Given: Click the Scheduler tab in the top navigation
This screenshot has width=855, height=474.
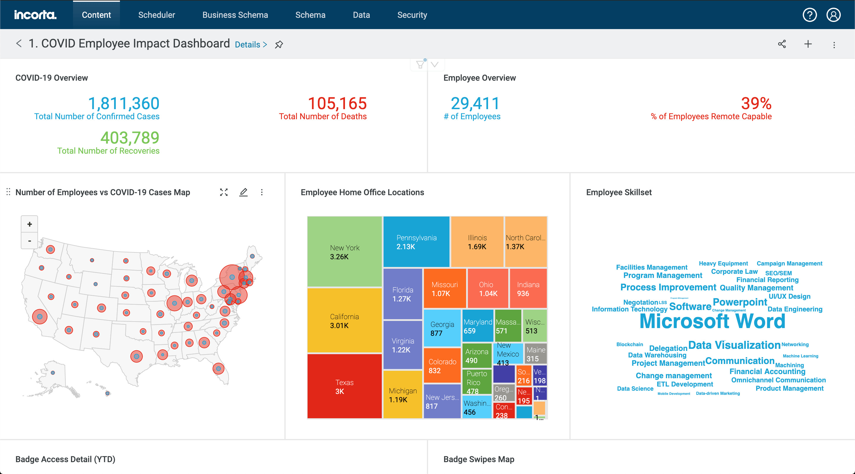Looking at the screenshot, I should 156,15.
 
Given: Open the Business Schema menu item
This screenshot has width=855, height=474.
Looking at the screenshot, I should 235,15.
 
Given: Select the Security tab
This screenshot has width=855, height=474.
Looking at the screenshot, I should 412,15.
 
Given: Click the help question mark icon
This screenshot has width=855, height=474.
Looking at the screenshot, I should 809,15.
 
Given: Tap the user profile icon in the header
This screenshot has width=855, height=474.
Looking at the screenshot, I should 833,15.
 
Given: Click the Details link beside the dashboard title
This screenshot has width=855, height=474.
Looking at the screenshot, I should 251,44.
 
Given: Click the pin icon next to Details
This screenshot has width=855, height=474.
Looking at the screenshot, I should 279,44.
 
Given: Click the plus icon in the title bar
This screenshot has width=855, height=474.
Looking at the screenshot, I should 808,44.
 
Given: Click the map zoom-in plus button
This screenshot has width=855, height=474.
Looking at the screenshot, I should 30,224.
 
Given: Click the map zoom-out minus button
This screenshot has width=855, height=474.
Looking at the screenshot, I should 30,241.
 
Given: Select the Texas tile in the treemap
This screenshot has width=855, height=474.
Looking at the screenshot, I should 344,386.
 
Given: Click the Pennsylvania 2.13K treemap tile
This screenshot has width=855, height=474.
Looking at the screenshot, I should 416,242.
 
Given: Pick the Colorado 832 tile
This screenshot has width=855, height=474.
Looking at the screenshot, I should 442,365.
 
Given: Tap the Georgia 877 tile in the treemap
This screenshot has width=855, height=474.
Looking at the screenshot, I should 442,328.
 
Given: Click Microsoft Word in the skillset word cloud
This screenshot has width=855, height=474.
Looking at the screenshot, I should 712,321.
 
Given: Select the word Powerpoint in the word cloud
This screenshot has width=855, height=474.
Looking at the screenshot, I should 740,302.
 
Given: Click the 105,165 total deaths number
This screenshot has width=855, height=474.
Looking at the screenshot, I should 337,104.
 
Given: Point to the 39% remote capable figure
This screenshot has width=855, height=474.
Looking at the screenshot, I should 756,104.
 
